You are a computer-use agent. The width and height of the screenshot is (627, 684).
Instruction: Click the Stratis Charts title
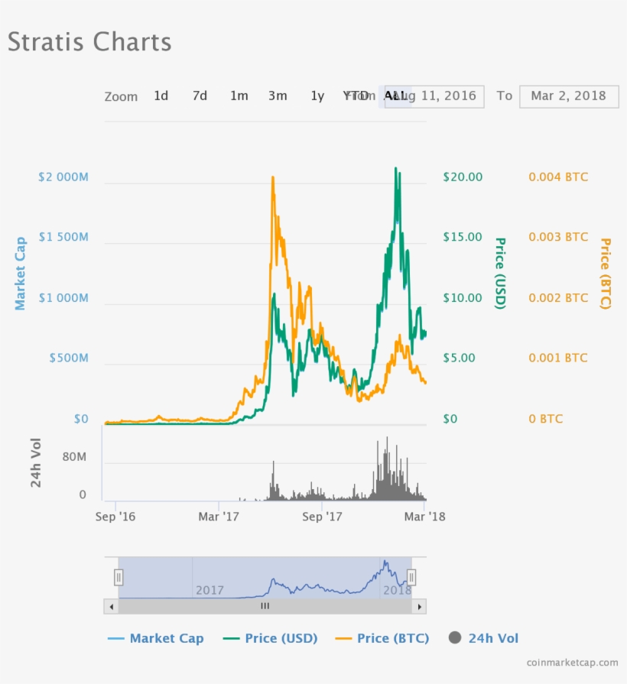89,42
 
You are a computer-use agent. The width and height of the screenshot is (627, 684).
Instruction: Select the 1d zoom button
161,96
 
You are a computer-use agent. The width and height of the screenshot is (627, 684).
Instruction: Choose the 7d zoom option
200,96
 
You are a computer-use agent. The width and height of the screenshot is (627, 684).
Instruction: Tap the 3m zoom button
278,96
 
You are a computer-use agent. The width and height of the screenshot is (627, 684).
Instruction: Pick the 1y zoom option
317,96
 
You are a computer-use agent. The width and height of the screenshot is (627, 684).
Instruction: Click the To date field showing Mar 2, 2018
568,96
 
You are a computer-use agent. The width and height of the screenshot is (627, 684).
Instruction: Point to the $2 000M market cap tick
63,177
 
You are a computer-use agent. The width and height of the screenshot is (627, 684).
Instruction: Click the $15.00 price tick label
463,238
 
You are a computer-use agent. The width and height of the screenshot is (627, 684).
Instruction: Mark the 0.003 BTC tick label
558,238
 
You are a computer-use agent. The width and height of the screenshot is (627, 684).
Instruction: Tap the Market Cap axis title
21,273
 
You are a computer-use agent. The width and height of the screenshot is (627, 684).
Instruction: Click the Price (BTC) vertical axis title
606,273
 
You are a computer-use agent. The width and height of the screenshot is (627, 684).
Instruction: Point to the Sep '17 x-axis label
322,517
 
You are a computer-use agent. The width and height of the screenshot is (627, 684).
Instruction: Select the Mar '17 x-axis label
219,517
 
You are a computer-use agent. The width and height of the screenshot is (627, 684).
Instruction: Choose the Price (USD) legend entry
271,638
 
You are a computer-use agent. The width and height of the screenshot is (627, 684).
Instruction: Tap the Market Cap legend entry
156,638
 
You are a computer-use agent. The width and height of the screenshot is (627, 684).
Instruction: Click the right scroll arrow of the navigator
419,606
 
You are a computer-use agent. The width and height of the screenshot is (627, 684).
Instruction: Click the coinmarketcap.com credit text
572,663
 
